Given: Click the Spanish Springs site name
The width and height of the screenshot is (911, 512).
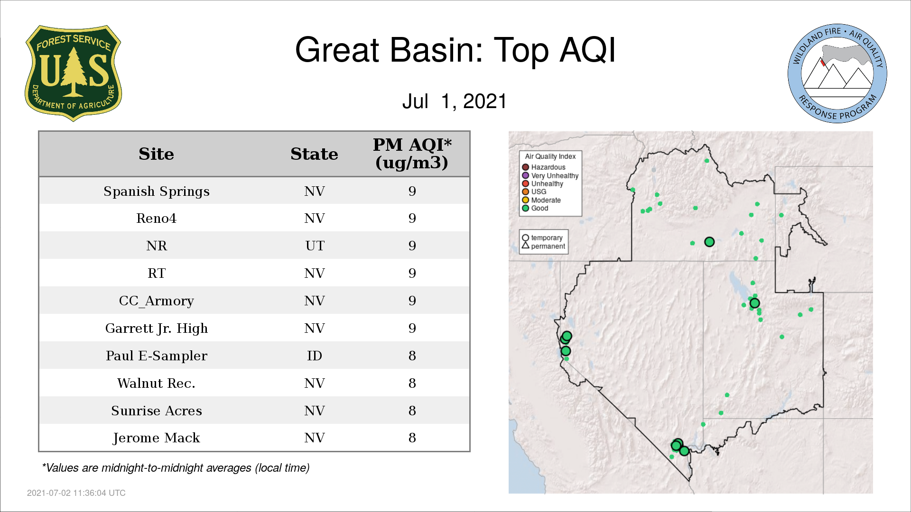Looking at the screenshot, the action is click(x=157, y=192).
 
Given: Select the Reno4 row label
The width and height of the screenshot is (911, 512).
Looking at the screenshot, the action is click(x=156, y=219).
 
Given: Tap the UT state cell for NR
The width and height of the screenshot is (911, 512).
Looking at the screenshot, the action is click(x=315, y=246).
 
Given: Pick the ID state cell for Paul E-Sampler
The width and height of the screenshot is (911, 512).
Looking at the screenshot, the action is click(x=315, y=356).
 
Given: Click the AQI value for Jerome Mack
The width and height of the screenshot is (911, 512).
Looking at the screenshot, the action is click(x=412, y=438).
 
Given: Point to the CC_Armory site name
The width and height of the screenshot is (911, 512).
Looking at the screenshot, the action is click(x=157, y=301).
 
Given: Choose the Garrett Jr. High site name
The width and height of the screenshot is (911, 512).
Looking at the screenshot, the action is click(x=157, y=328).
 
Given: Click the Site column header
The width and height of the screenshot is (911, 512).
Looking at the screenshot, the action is click(x=157, y=154).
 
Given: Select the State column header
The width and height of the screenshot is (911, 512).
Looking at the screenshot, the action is click(x=314, y=154).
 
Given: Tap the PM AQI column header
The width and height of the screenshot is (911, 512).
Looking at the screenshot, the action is click(x=412, y=154).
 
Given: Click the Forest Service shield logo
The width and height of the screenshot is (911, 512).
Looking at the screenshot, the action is click(x=73, y=73).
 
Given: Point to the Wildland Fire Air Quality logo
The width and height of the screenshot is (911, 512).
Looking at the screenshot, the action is click(x=837, y=73).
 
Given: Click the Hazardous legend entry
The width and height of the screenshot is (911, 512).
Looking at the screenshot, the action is click(x=544, y=167).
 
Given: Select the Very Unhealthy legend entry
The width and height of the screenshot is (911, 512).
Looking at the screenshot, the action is click(x=550, y=175).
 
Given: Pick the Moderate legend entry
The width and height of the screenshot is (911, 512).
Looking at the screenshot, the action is click(x=541, y=200).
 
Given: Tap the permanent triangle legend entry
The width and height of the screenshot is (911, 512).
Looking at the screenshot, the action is click(x=543, y=246).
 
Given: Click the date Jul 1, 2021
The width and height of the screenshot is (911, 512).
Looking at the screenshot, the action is click(x=455, y=101).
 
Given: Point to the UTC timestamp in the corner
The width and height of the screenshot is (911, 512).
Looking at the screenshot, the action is click(x=76, y=493).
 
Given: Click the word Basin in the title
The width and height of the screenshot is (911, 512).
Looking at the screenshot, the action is click(x=436, y=50).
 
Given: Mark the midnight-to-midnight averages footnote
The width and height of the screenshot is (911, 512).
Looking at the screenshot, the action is click(x=176, y=468).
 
